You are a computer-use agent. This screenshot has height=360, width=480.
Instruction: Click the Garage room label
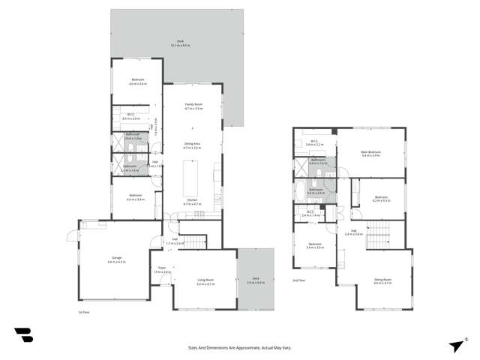pyautogui.click(x=116, y=259)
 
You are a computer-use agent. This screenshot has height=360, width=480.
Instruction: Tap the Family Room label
pyautogui.click(x=193, y=107)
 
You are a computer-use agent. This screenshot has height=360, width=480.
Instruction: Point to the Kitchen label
pyautogui.click(x=193, y=202)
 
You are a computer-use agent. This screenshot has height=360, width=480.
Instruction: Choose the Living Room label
pyautogui.click(x=205, y=283)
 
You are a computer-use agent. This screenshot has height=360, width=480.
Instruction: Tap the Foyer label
pyautogui.click(x=161, y=269)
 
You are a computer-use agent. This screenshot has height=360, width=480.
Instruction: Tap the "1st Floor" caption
pyautogui.click(x=84, y=311)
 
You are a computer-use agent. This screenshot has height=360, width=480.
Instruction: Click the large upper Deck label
pyautogui.click(x=181, y=43)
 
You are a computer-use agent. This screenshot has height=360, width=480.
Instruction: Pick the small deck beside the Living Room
pyautogui.click(x=256, y=280)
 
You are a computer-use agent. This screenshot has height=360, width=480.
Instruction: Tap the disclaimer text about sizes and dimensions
pyautogui.click(x=239, y=348)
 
